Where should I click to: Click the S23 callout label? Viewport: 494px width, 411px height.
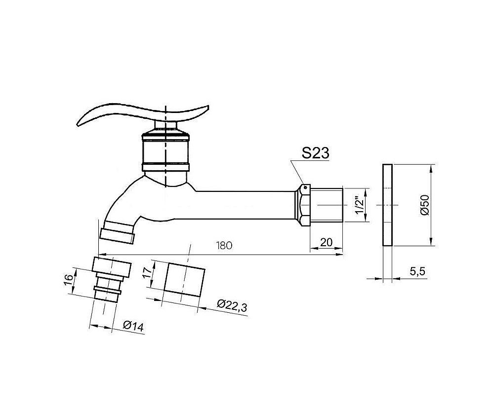315,153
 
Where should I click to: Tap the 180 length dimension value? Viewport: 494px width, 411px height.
224,245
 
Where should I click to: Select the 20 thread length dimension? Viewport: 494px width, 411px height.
326,242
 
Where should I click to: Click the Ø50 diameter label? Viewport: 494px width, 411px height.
425,205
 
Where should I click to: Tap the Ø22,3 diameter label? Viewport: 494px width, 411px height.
232,305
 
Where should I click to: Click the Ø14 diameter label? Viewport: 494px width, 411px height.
133,326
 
